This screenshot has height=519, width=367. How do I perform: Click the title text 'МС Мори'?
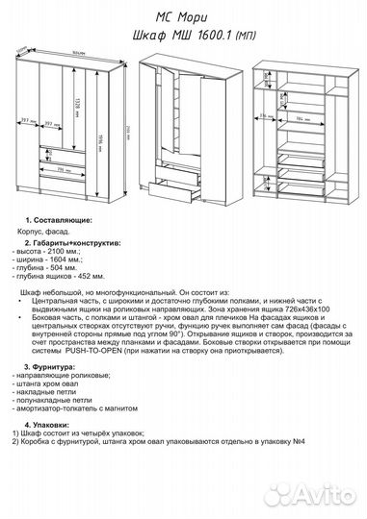click(x=183, y=16)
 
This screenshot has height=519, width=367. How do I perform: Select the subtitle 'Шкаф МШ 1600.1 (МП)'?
click(x=183, y=35)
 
